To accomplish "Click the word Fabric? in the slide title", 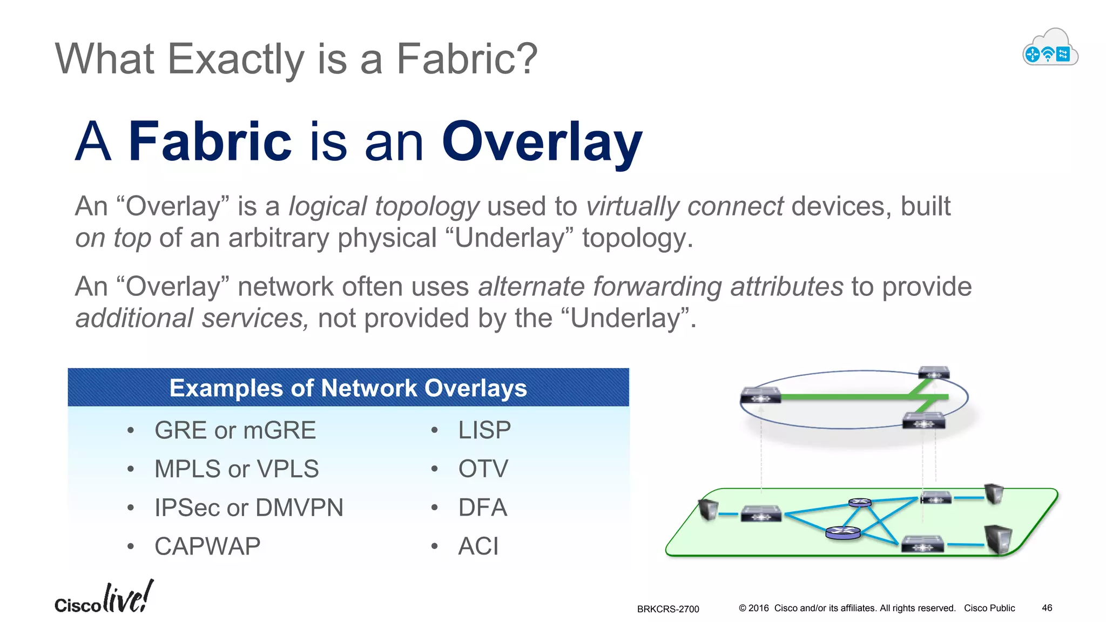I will click(467, 59).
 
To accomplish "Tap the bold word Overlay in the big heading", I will click(542, 141).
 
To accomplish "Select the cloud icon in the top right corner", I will click(1050, 48).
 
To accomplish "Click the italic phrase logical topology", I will click(383, 206).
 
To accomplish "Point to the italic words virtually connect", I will click(684, 206).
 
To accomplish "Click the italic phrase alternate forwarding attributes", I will click(660, 286).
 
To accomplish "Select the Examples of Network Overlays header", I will click(348, 388).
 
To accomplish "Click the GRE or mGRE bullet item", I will click(235, 430).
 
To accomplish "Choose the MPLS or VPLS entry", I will click(237, 469).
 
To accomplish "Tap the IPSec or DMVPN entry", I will click(248, 508).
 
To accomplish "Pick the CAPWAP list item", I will click(207, 546).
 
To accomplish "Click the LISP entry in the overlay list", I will click(484, 430).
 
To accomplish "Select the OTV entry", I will click(483, 469).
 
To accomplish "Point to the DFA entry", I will click(482, 508).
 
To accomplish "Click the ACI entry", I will click(478, 546).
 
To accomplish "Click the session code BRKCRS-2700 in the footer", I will click(667, 609).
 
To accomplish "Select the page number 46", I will click(1047, 608).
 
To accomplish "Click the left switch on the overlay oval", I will click(760, 396).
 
